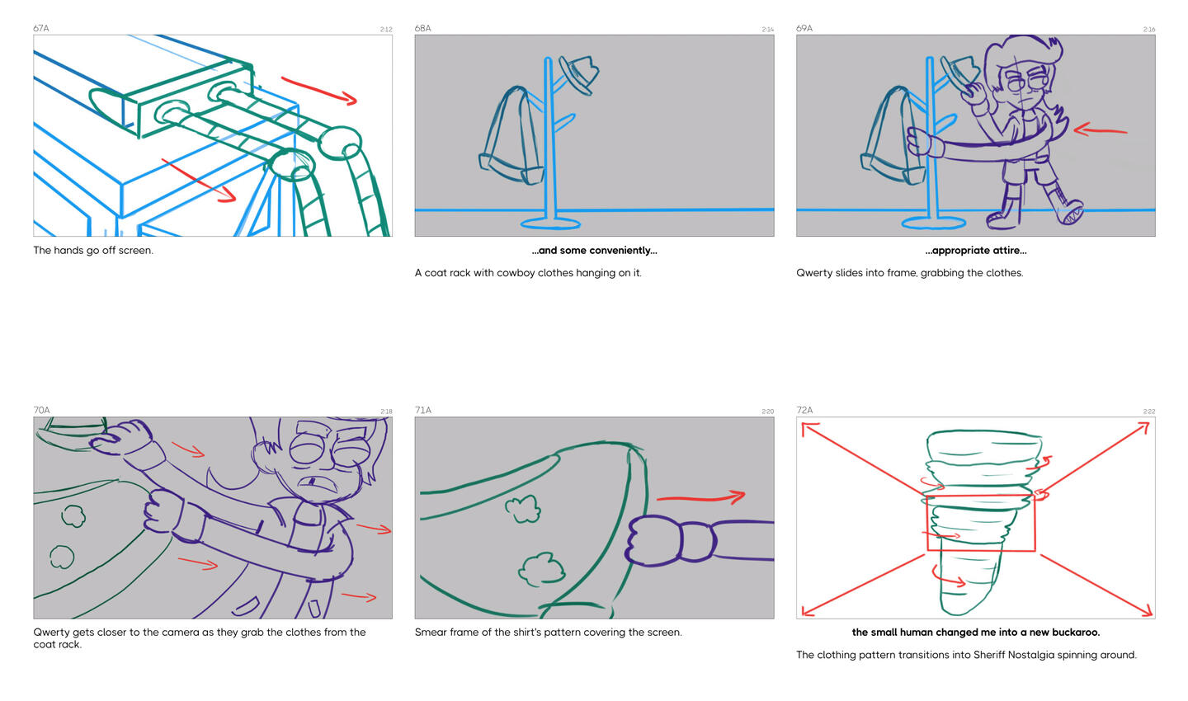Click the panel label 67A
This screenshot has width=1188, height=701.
coord(41,28)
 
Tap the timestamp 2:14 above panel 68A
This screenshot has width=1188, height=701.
coord(767,30)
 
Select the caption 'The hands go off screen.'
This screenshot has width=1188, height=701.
coord(93,251)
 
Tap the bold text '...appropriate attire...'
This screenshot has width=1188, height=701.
coord(975,251)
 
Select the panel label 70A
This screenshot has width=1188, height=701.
coord(41,410)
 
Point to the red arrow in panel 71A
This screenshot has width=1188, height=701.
coord(700,497)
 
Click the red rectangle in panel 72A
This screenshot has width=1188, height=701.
coord(980,524)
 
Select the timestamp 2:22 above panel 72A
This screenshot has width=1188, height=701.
coord(1148,412)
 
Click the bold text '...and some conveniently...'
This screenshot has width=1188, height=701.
coord(594,251)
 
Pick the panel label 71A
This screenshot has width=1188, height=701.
coord(423,410)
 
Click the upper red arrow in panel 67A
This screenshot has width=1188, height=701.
coord(318,90)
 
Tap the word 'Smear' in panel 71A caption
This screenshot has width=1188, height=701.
coord(431,633)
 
